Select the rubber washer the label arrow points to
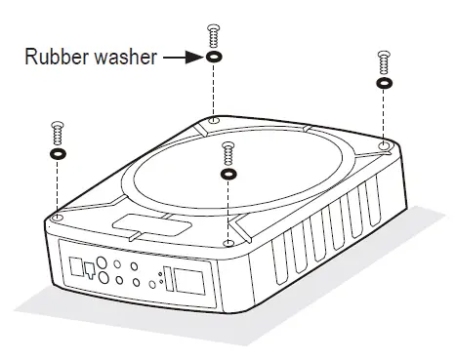(x=212, y=59)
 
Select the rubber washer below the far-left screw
(x=57, y=153)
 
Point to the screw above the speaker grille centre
(x=228, y=151)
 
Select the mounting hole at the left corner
(x=58, y=216)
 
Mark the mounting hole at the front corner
(x=228, y=241)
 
